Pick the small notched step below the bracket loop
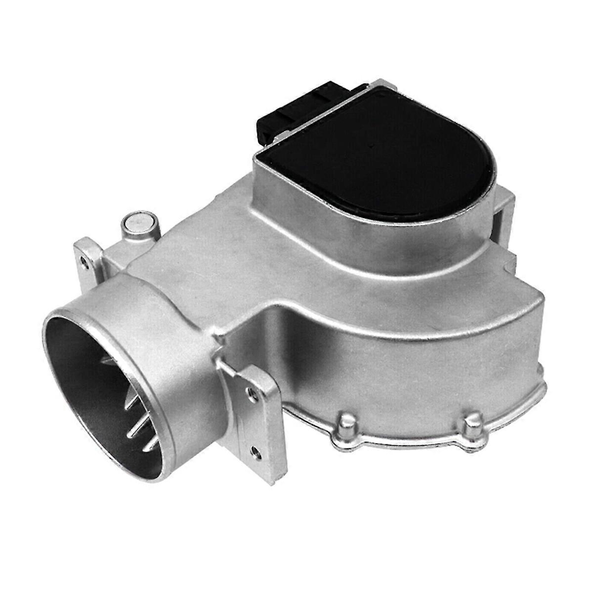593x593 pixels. click(x=509, y=262)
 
